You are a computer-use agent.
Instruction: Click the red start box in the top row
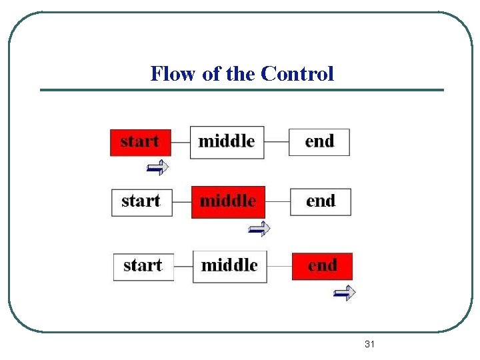pyautogui.click(x=140, y=142)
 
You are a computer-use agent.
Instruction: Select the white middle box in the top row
pyautogui.click(x=227, y=142)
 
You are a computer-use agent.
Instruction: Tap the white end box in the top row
pyautogui.click(x=319, y=142)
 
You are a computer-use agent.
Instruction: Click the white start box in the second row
pyautogui.click(x=141, y=202)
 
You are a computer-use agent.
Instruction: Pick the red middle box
pyautogui.click(x=228, y=202)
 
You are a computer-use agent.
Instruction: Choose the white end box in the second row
pyautogui.click(x=320, y=202)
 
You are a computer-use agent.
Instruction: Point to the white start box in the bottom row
pyautogui.click(x=143, y=266)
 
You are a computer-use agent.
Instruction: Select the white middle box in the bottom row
pyautogui.click(x=230, y=266)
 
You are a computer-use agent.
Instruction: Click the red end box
pyautogui.click(x=322, y=266)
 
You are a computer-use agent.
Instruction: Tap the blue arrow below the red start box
pyautogui.click(x=158, y=167)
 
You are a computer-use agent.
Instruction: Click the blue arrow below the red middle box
pyautogui.click(x=259, y=229)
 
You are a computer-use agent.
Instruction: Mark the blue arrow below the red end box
pyautogui.click(x=345, y=292)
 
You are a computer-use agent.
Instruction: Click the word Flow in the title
pyautogui.click(x=174, y=73)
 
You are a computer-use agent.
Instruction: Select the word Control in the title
pyautogui.click(x=297, y=73)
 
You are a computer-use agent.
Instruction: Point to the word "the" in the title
pyautogui.click(x=241, y=73)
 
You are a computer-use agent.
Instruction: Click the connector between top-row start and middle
pyautogui.click(x=181, y=142)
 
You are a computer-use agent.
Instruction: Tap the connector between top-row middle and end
pyautogui.click(x=276, y=142)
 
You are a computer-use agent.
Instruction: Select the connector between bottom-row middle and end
pyautogui.click(x=280, y=266)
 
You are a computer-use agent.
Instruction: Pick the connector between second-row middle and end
pyautogui.click(x=277, y=202)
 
